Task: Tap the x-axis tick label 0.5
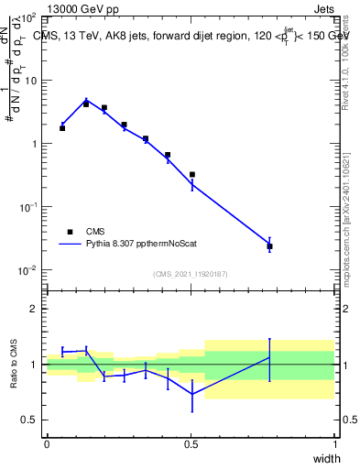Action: coord(191,444)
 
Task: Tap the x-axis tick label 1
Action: coord(335,444)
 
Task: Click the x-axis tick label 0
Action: coord(47,444)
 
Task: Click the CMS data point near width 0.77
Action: coord(269,246)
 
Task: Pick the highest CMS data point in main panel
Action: coord(86,104)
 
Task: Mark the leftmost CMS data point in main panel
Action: coord(62,128)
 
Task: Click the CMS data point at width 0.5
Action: coord(192,174)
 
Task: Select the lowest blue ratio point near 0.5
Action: coord(192,394)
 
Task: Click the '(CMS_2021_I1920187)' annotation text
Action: coord(191,274)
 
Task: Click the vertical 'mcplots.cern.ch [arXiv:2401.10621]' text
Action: coord(346,211)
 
